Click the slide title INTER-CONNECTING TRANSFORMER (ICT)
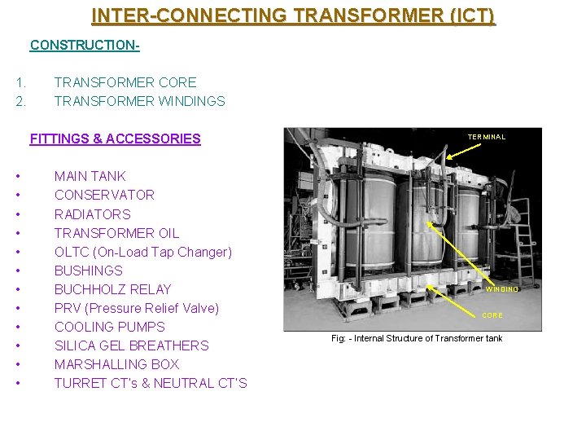click(x=293, y=15)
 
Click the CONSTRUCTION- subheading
click(x=85, y=45)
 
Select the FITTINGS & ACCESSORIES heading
click(x=115, y=139)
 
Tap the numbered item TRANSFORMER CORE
click(x=125, y=82)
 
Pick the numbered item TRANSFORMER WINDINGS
click(x=139, y=101)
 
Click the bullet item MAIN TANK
click(x=90, y=176)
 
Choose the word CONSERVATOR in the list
click(x=104, y=195)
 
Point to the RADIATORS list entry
click(x=92, y=214)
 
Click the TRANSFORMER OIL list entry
click(x=116, y=233)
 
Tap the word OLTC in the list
click(x=71, y=252)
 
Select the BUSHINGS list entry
click(x=88, y=271)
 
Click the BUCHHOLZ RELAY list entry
click(x=112, y=289)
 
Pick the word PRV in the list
click(x=68, y=308)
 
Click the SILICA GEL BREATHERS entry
click(x=131, y=345)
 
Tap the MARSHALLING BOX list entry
click(x=116, y=364)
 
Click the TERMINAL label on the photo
click(x=486, y=137)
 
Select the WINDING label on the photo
click(x=501, y=289)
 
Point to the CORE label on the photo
click(x=492, y=315)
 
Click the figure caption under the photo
click(x=416, y=338)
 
